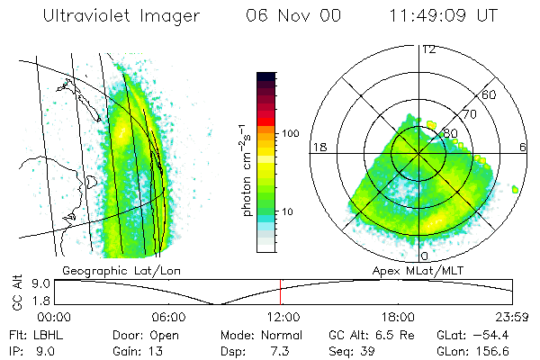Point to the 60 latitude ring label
490,94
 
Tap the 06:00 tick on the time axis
168,316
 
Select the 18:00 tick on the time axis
397,316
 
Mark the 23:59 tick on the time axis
511,316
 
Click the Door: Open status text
140,334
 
